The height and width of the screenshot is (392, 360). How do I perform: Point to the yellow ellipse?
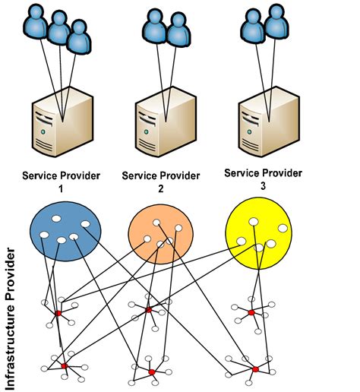[259, 232]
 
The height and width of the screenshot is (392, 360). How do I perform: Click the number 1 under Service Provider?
[61, 189]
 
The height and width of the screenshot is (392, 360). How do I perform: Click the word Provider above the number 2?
[180, 176]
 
